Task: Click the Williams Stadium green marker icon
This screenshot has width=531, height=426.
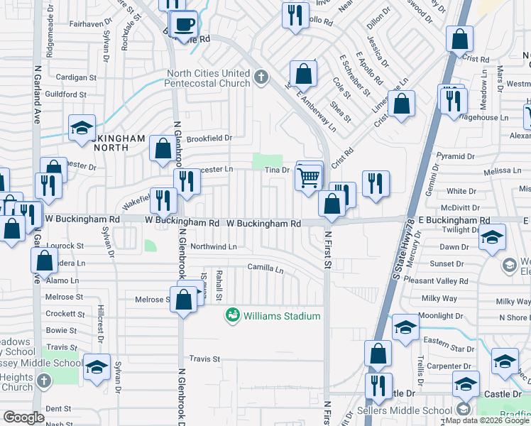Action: click(232, 315)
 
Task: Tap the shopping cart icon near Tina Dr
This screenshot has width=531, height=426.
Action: click(308, 177)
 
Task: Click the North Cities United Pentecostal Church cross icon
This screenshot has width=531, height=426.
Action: click(261, 75)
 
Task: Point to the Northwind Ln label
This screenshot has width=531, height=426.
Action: click(214, 246)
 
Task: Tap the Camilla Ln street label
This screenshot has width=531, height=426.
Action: click(265, 270)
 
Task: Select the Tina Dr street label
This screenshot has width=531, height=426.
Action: click(278, 170)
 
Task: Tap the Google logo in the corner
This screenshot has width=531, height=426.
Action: click(24, 417)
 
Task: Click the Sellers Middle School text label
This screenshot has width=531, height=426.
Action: click(415, 410)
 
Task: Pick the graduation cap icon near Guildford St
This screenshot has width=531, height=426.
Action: click(82, 129)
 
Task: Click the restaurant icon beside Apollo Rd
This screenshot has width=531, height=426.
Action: click(294, 15)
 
